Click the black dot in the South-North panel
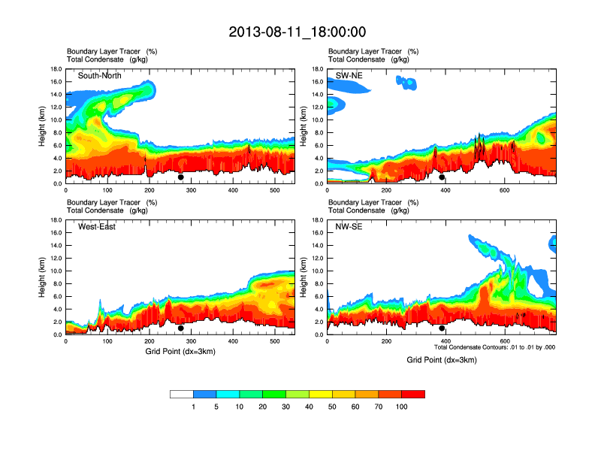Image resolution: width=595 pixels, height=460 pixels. [x=180, y=177]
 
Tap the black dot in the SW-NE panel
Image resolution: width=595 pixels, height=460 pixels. [x=442, y=177]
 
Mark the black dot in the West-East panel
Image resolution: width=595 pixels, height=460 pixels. [x=180, y=328]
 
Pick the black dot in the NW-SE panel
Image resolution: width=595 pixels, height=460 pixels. [x=442, y=328]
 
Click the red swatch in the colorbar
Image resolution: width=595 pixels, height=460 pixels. [x=413, y=394]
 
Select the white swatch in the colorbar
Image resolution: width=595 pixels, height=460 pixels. [x=182, y=394]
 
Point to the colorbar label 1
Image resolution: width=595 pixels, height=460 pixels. [x=193, y=407]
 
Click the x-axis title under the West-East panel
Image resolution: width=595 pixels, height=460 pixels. [x=180, y=351]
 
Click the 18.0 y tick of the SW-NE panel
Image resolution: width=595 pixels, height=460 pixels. [x=319, y=69]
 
